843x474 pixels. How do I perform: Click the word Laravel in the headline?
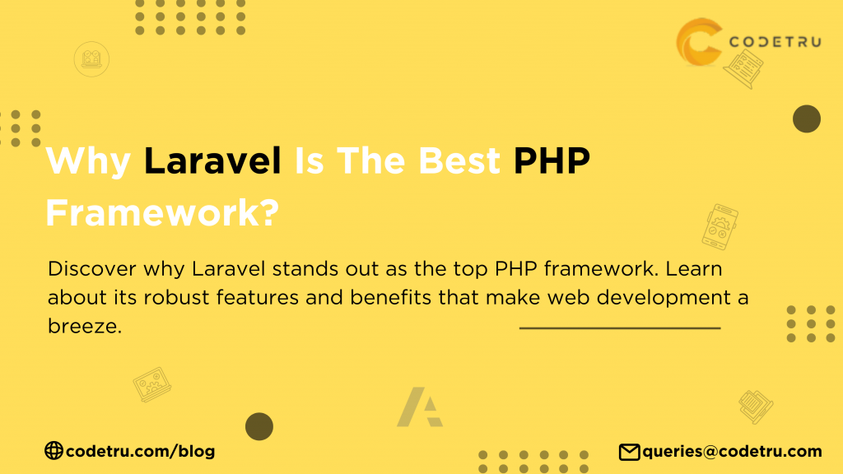point(212,160)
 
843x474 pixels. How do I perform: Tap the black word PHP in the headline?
point(552,160)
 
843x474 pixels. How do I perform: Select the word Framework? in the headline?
point(162,212)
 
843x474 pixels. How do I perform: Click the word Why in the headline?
point(88,161)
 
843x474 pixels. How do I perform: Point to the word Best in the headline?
point(459,160)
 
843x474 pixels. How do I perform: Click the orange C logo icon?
point(699,42)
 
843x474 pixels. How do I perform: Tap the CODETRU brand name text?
point(775,42)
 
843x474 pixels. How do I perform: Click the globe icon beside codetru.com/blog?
point(54,450)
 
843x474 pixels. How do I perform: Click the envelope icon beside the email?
point(629,452)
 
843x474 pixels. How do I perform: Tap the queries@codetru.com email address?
point(732,452)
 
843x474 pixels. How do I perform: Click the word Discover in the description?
point(92,269)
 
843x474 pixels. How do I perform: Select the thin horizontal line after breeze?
point(620,328)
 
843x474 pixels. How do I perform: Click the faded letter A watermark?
point(418,407)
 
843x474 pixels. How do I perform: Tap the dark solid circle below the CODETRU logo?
point(807,118)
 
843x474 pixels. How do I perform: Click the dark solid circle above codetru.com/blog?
point(259,427)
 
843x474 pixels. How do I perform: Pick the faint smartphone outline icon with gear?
point(720,227)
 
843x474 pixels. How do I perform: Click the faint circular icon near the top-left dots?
point(91,59)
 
